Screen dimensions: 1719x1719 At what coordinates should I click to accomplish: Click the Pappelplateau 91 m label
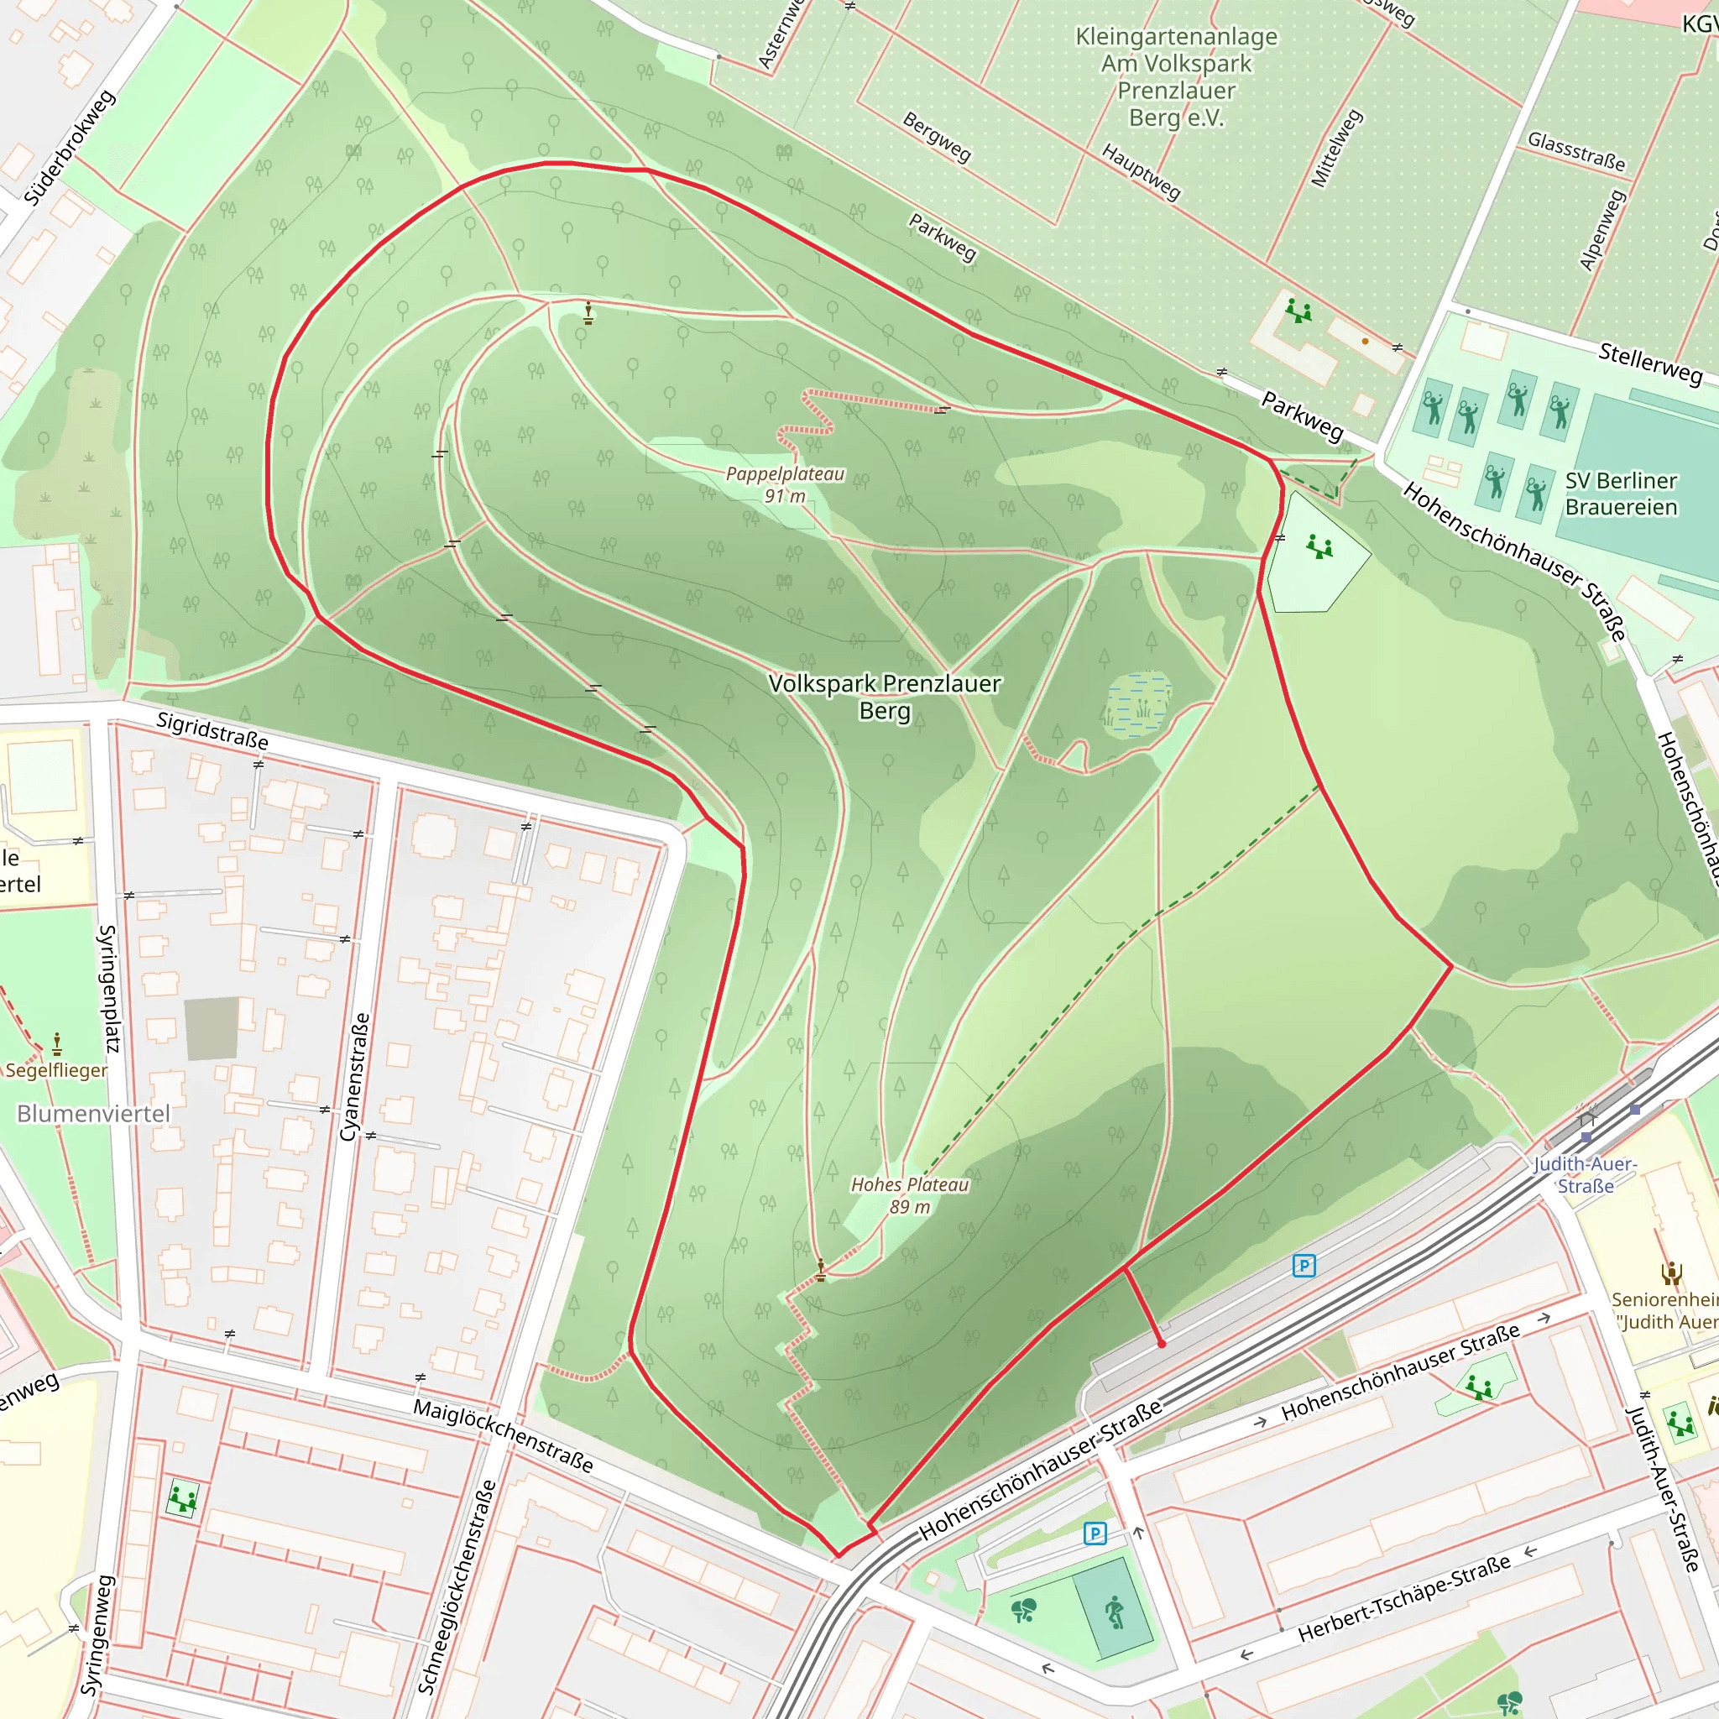coord(785,485)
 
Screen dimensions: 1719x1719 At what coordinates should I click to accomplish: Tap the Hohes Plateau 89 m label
coord(909,1195)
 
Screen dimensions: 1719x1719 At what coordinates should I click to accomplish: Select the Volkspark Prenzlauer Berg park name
coord(885,696)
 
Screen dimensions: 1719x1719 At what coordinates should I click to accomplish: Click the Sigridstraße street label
coord(212,730)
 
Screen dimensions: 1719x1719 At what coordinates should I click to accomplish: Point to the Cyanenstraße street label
coord(354,1077)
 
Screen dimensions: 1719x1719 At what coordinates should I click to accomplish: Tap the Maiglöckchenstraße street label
coord(503,1434)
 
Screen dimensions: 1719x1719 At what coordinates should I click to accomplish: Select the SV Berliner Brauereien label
coord(1621,494)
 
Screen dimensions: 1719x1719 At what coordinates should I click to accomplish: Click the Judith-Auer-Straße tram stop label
coord(1586,1174)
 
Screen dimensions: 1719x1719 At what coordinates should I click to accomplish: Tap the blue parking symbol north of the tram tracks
coord(1304,1265)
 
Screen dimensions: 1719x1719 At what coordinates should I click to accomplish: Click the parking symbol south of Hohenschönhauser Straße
coord(1095,1533)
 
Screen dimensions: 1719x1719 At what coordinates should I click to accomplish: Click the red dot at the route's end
coord(1161,1345)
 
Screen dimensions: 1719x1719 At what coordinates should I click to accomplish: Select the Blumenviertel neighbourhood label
coord(93,1114)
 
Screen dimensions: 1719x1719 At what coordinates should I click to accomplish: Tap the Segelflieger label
coord(57,1070)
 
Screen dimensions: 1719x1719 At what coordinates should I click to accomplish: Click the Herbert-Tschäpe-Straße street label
coord(1404,1598)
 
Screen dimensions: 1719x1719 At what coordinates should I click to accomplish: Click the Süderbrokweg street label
coord(70,148)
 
